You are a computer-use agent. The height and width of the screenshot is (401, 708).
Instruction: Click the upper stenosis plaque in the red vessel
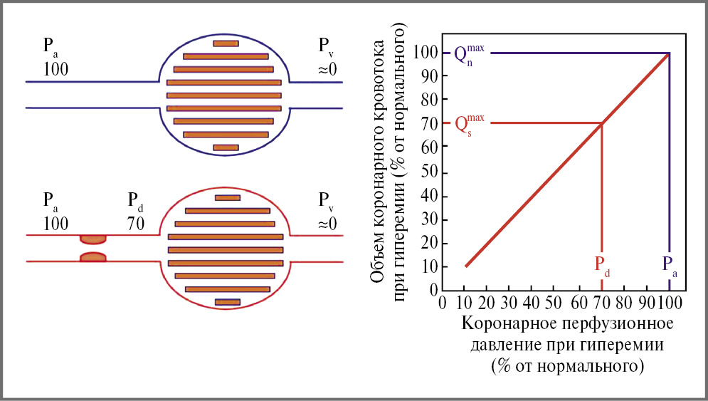tap(93, 238)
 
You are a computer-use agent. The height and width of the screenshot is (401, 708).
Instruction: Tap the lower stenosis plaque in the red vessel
tap(93, 256)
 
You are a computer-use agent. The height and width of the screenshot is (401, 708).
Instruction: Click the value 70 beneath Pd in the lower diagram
tap(136, 223)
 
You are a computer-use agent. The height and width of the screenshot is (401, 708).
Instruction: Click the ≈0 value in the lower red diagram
tap(327, 223)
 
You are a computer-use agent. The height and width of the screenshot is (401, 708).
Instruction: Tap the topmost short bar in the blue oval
tap(226, 43)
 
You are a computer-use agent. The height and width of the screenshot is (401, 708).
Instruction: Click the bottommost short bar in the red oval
tap(228, 302)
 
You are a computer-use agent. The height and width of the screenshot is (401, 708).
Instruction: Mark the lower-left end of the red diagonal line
tap(465, 266)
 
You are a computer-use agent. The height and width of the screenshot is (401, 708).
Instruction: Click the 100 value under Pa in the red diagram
tap(56, 223)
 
